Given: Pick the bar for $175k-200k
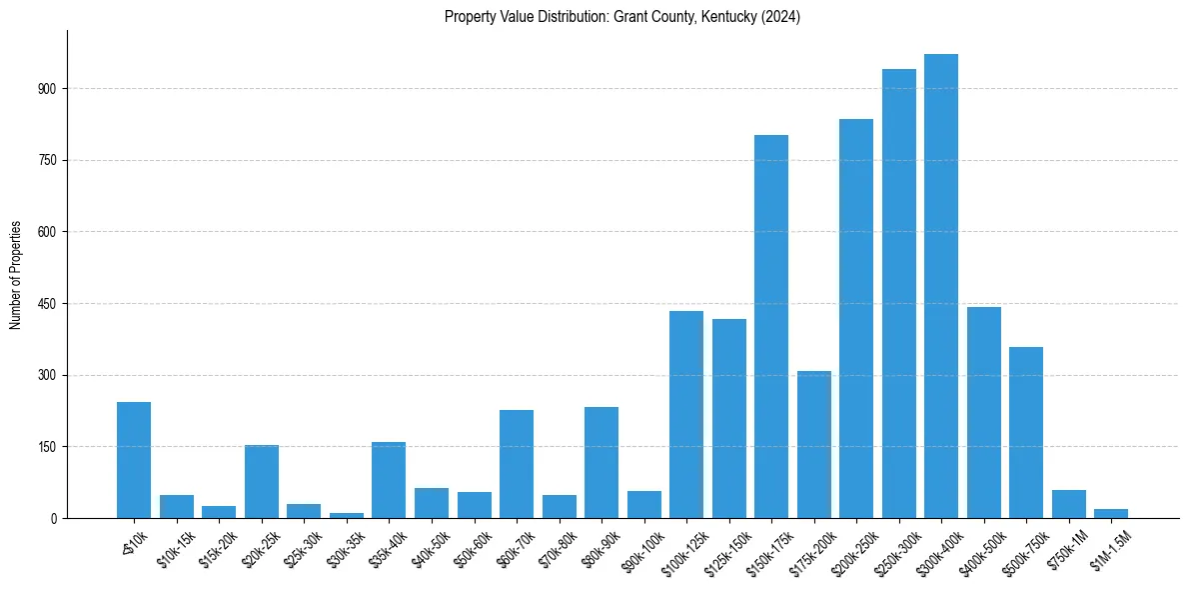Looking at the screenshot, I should tap(813, 444).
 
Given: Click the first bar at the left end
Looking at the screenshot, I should tap(134, 460).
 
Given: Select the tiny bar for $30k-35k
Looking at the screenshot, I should tap(347, 515).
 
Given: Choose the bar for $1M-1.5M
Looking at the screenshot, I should tap(1111, 513).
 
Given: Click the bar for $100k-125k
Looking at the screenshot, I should tap(686, 414).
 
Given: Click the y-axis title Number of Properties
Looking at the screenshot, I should tap(15, 275).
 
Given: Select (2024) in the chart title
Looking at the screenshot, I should tap(779, 17).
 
